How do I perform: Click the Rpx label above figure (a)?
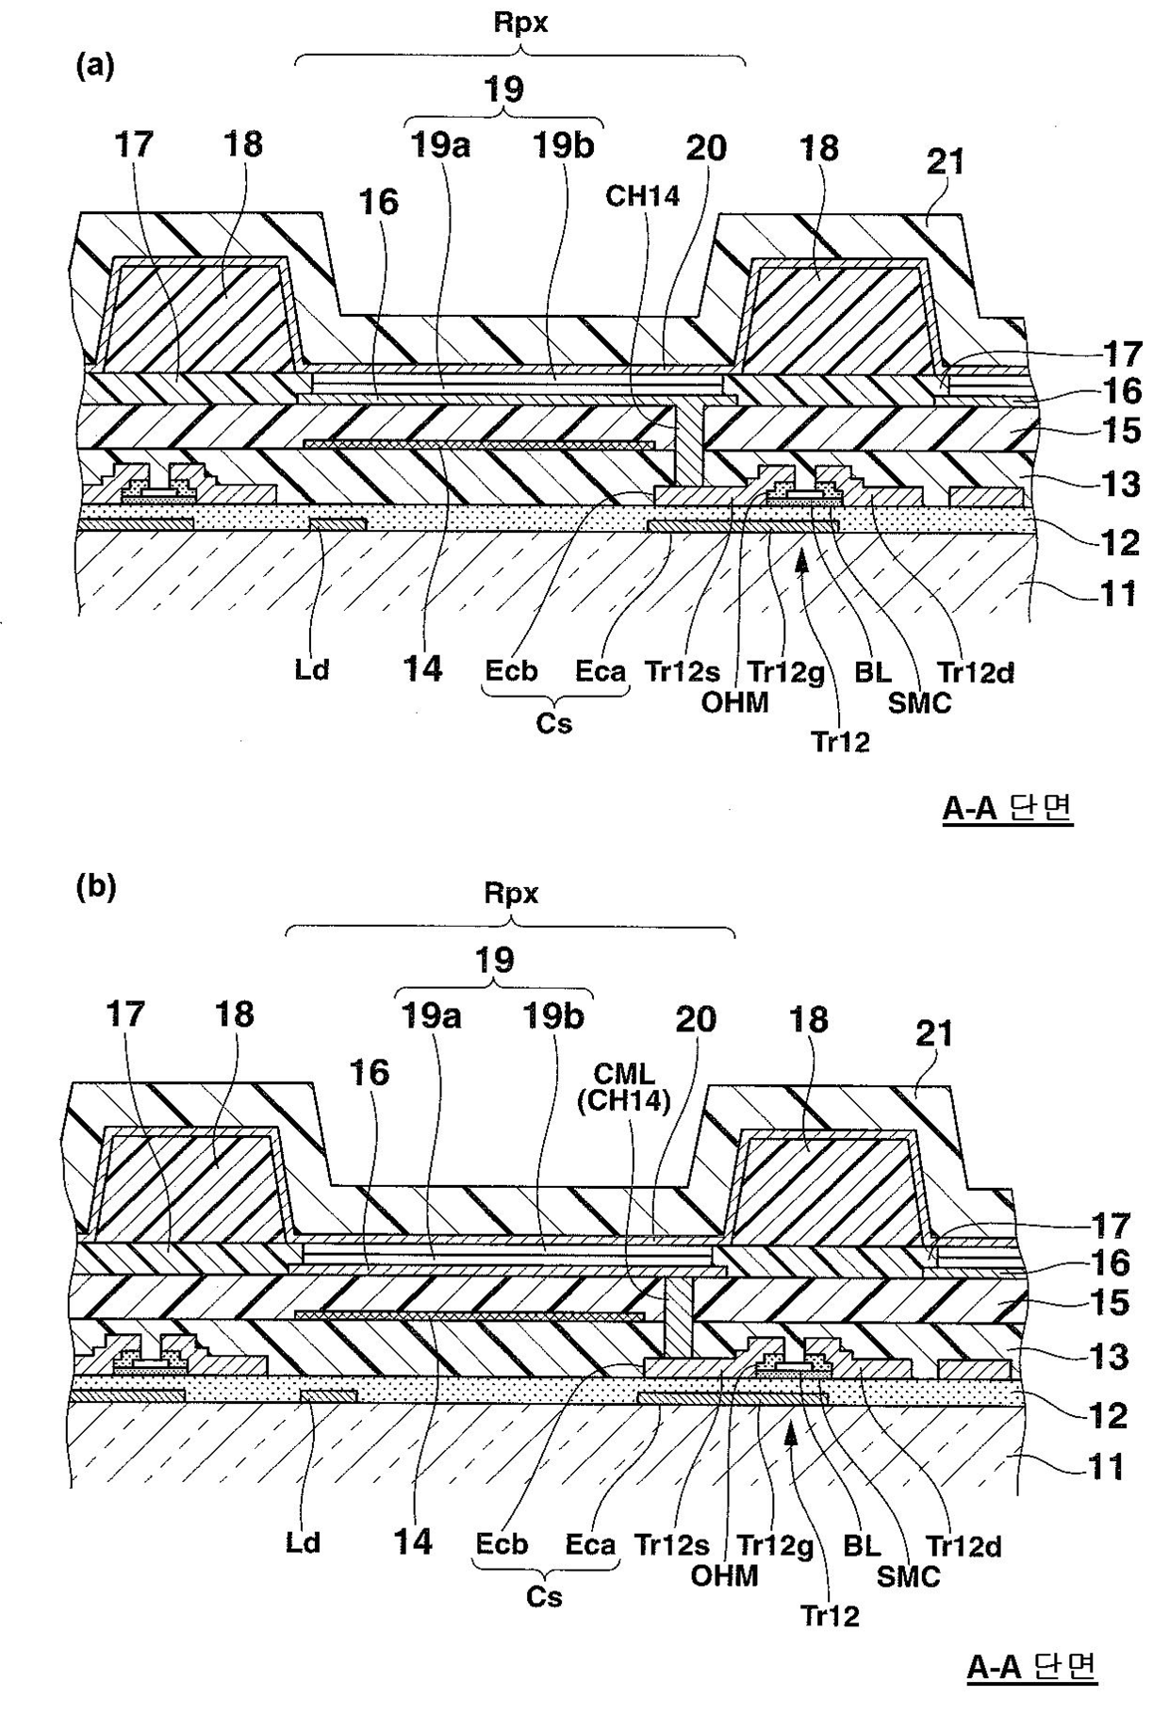(x=520, y=23)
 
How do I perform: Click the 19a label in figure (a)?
(x=440, y=146)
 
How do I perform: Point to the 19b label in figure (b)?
(x=553, y=1016)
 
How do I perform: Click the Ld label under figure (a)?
(x=311, y=670)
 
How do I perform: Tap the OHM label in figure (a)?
(x=735, y=701)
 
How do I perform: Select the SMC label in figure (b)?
(x=909, y=1575)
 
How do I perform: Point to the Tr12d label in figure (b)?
(x=963, y=1546)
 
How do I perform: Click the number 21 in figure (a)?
(x=946, y=161)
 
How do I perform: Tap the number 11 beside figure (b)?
(x=1104, y=1468)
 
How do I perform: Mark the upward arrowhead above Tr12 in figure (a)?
(x=802, y=560)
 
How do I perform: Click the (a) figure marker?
(x=95, y=66)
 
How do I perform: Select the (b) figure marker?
(x=95, y=888)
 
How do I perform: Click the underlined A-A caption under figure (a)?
(x=1007, y=808)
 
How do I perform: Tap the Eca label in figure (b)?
(x=590, y=1544)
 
